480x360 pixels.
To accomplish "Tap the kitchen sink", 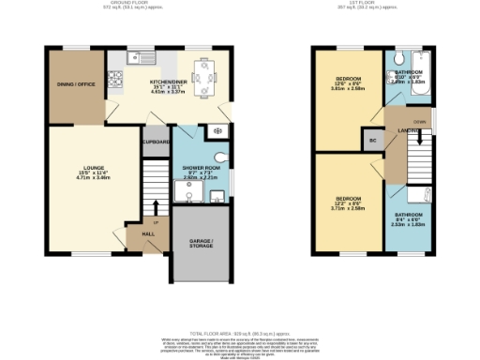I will click(146, 56).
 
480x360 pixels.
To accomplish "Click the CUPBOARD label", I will click(156, 142).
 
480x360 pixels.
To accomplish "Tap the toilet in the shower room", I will click(219, 156).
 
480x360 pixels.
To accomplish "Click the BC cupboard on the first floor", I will click(371, 140).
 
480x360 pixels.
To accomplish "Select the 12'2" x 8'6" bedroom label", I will click(345, 203).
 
